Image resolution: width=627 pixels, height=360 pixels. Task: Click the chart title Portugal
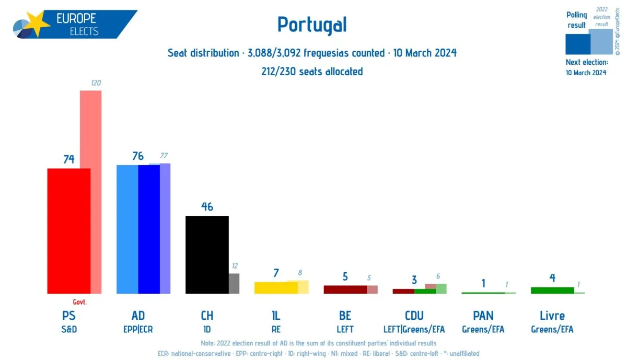point(312,25)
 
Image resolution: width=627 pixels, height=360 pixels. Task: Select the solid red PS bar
point(68,230)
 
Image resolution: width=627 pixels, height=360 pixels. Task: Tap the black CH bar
point(207,254)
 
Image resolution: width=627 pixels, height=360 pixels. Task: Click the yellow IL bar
point(275,287)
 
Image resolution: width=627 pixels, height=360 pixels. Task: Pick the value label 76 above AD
point(138,156)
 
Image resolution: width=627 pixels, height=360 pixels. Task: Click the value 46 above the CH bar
point(207,206)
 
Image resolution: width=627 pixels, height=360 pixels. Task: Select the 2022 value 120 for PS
point(96,83)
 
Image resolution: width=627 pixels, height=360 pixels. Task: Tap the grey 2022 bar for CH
point(234,283)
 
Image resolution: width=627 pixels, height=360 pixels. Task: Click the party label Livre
point(552,316)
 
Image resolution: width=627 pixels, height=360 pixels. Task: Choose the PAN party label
point(483,316)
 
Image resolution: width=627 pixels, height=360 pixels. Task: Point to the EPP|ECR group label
point(138,330)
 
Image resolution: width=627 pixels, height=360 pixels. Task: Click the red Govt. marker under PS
point(79,302)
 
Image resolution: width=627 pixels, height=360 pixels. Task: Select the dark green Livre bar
point(552,290)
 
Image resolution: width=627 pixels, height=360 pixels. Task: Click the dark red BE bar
point(345,289)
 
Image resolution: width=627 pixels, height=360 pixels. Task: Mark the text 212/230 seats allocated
point(312,72)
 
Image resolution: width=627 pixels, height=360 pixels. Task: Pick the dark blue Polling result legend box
point(577,44)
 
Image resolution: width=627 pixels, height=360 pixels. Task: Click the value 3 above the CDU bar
point(414,280)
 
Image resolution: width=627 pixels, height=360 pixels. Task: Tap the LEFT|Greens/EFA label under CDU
point(414,330)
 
